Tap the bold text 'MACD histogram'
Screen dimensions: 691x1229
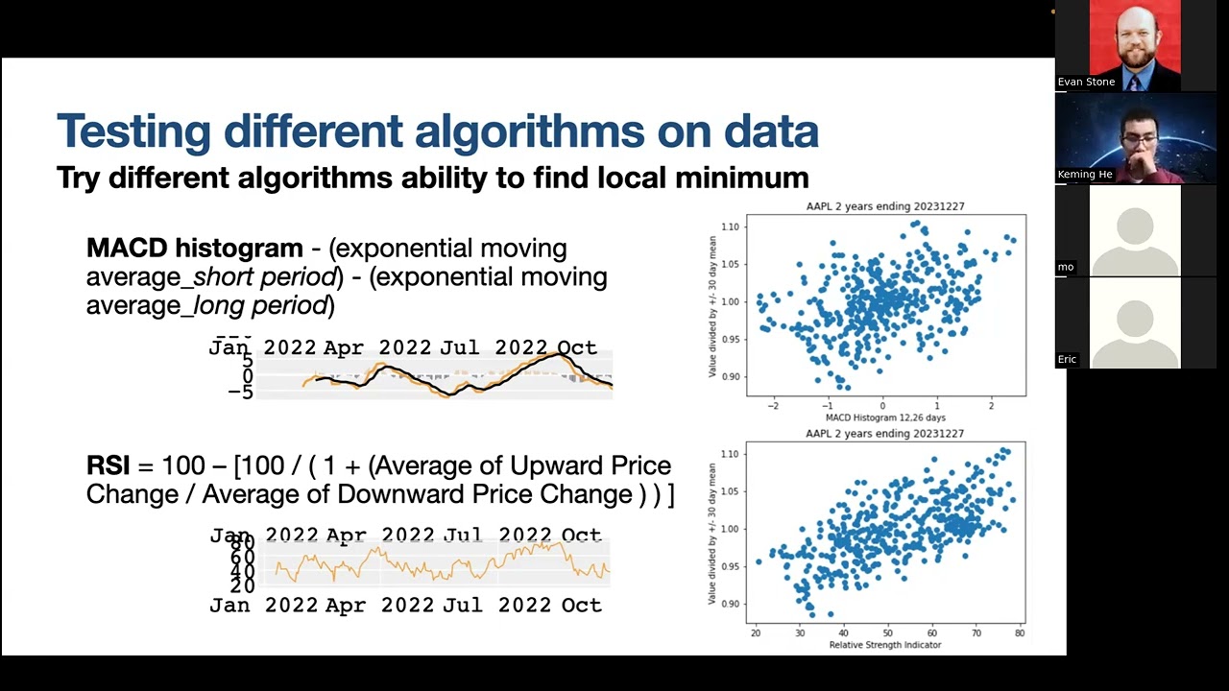click(194, 249)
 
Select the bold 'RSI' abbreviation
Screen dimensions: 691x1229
click(108, 466)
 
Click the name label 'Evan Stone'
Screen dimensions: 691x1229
click(1086, 83)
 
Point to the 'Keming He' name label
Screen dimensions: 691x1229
click(1085, 175)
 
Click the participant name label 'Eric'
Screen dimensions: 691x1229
click(1067, 359)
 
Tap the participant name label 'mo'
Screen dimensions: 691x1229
click(1066, 267)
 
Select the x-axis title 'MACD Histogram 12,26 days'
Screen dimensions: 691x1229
click(885, 417)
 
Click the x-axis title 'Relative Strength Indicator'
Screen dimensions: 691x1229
click(885, 645)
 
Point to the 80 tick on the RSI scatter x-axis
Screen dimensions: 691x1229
click(1019, 633)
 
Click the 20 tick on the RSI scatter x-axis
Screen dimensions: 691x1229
click(756, 633)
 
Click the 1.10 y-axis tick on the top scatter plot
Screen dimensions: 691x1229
click(730, 227)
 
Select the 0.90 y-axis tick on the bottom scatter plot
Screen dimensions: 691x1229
click(730, 604)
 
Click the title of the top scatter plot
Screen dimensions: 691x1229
click(885, 207)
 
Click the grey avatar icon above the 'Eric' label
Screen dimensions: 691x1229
click(1135, 321)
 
